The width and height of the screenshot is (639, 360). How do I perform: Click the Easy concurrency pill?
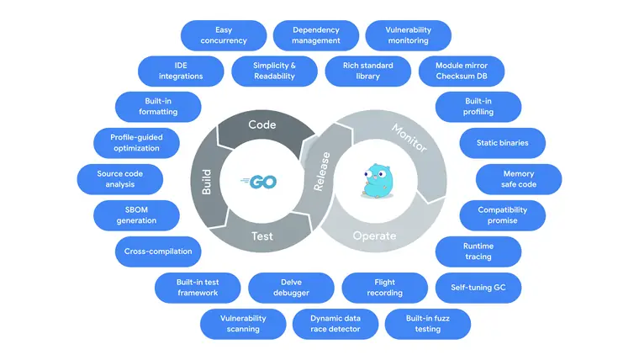pyautogui.click(x=224, y=35)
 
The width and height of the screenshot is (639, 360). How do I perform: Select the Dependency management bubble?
pyautogui.click(x=316, y=35)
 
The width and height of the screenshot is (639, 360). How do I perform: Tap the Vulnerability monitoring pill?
pyautogui.click(x=409, y=35)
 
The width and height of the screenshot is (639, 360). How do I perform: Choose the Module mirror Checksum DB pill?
pyautogui.click(x=462, y=71)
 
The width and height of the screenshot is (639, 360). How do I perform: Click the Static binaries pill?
pyautogui.click(x=503, y=143)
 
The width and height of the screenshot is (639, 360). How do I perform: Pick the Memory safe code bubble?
pyautogui.click(x=519, y=179)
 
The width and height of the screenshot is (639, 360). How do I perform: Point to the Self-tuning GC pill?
pyautogui.click(x=478, y=288)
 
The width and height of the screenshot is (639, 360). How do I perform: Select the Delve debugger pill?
pyautogui.click(x=292, y=288)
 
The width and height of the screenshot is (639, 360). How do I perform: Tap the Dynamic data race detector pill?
pyautogui.click(x=335, y=324)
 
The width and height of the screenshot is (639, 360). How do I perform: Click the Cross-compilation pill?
pyautogui.click(x=158, y=251)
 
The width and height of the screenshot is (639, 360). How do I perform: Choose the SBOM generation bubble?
pyautogui.click(x=136, y=215)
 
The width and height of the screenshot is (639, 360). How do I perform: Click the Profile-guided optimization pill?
pyautogui.click(x=136, y=143)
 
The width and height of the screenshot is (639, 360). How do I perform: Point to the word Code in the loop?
pyautogui.click(x=262, y=124)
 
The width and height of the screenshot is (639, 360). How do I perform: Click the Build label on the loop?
pyautogui.click(x=207, y=182)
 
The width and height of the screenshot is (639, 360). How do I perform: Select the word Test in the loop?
pyautogui.click(x=262, y=236)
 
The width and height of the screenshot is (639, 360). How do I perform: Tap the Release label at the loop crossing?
pyautogui.click(x=322, y=172)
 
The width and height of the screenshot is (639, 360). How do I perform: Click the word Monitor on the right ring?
pyautogui.click(x=409, y=138)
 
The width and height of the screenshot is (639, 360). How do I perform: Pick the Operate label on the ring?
pyautogui.click(x=374, y=236)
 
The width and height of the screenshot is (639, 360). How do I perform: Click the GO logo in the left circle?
pyautogui.click(x=259, y=182)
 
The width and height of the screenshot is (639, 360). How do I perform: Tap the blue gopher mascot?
pyautogui.click(x=378, y=181)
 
